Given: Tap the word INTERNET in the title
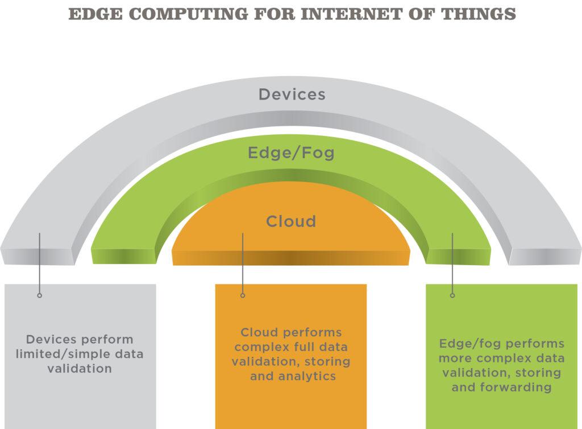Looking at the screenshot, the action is click(351, 14).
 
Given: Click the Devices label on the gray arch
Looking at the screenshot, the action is click(292, 94).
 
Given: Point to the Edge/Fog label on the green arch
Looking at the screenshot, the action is click(291, 152).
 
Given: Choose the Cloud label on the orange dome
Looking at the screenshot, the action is click(291, 221).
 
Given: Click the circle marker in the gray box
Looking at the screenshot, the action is click(40, 295).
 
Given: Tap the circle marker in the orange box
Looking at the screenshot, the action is click(243, 295).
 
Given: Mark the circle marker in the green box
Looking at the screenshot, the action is click(452, 295).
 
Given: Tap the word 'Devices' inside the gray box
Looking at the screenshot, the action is click(51, 340).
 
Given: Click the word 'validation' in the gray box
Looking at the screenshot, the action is click(80, 369).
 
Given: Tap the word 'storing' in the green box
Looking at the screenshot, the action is click(538, 373).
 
